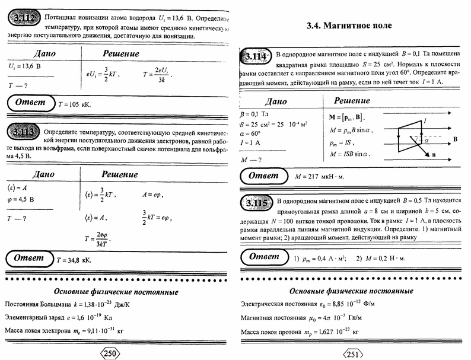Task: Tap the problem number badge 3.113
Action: (x=24, y=132)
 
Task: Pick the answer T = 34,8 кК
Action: (x=74, y=259)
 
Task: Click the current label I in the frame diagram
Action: (x=425, y=120)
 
